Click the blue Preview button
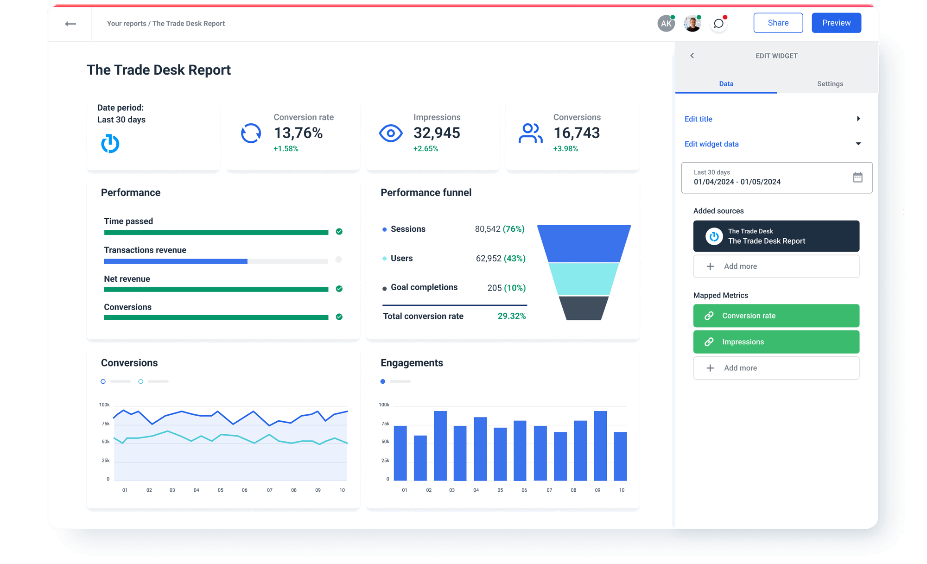click(836, 23)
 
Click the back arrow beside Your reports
click(70, 24)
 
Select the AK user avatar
click(666, 24)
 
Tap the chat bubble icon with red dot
click(718, 24)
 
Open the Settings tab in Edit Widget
click(830, 84)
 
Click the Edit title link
click(698, 119)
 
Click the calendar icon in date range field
click(857, 177)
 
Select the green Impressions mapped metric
click(776, 342)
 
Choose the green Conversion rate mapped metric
click(776, 316)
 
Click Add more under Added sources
click(776, 266)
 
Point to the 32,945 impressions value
click(437, 133)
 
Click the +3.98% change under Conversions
click(565, 149)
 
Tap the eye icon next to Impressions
click(391, 133)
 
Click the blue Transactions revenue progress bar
click(176, 261)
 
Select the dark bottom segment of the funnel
click(584, 308)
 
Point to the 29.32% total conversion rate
click(511, 316)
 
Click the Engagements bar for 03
click(440, 446)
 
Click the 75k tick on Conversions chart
click(106, 424)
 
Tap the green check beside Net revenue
click(339, 289)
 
